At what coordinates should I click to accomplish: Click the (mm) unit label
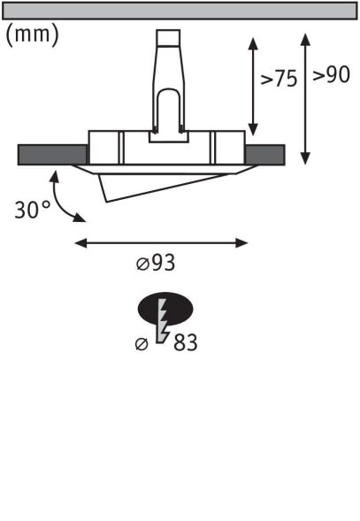[33, 35]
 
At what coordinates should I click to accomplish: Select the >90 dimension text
[331, 75]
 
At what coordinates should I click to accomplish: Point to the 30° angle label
[33, 211]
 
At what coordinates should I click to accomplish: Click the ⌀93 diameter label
[163, 264]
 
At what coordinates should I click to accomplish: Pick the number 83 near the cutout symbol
[185, 341]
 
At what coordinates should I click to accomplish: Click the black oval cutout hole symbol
[165, 309]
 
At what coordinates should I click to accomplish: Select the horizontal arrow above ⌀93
[161, 241]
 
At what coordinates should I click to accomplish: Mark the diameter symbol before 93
[142, 264]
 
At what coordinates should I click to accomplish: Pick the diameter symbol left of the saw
[142, 342]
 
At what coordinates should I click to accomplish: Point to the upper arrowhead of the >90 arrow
[305, 41]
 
